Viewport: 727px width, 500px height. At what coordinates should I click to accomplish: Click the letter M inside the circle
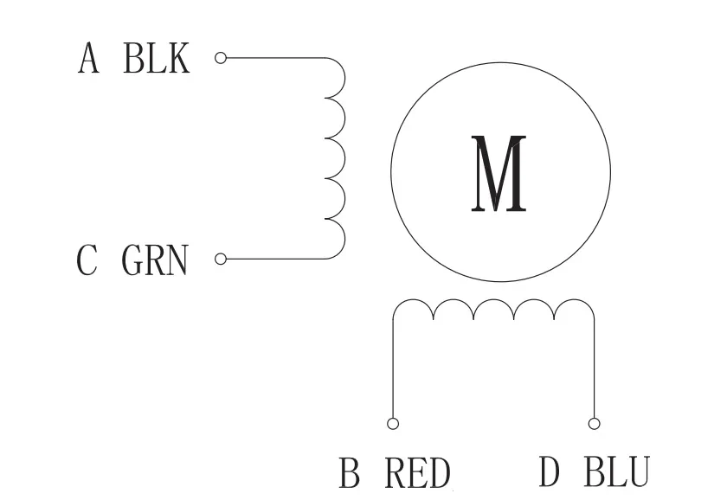[x=499, y=174]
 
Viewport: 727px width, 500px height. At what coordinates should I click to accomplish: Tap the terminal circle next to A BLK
[x=220, y=59]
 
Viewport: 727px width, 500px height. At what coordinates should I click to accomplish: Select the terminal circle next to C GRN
[x=220, y=259]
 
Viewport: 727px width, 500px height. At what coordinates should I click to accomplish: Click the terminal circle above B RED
[x=393, y=424]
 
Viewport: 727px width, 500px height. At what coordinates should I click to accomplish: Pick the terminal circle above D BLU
[x=594, y=424]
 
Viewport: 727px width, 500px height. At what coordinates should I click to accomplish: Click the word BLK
[x=157, y=59]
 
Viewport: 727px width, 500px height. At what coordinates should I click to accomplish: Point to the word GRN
[x=155, y=260]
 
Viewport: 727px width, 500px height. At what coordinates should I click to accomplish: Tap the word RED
[x=417, y=474]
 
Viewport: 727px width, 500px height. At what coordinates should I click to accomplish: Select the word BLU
[x=617, y=474]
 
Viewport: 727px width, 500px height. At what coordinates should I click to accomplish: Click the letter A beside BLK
[x=88, y=59]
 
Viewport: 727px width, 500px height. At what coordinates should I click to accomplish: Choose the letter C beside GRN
[x=87, y=260]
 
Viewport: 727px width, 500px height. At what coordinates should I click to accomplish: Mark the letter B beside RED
[x=350, y=474]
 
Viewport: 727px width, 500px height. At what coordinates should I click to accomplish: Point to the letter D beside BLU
[x=550, y=474]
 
